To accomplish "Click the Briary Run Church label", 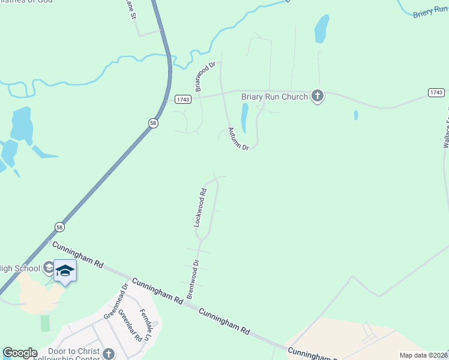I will (274, 96).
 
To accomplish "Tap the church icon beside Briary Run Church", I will (317, 96).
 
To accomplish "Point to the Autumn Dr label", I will (238, 139).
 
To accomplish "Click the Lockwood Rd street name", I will (200, 208).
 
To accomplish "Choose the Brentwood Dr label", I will (192, 280).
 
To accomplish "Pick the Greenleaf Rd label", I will (130, 325).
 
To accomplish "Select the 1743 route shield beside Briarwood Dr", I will (183, 99).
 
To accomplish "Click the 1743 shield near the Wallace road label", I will (436, 92).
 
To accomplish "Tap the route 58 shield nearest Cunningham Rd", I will (59, 227).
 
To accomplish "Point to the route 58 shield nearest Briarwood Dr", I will (153, 122).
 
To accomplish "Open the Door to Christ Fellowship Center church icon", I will (108, 353).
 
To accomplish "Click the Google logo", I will (19, 353).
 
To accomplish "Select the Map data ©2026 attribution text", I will (423, 355).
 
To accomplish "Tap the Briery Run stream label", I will (430, 11).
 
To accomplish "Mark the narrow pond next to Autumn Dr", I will (244, 118).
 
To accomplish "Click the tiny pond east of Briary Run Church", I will (356, 115).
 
